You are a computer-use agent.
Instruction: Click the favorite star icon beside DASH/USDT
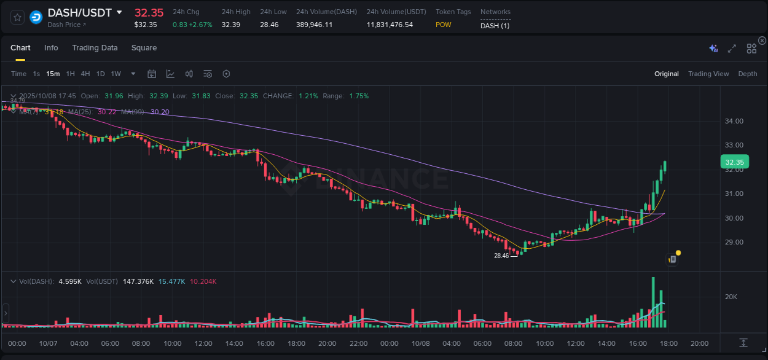(x=18, y=17)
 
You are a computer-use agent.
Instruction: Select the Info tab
(x=51, y=48)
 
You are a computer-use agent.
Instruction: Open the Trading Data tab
(x=95, y=48)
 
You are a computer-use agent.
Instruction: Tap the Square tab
(x=144, y=48)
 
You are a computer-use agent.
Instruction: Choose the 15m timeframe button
(x=53, y=74)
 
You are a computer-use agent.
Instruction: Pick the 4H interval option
(x=85, y=74)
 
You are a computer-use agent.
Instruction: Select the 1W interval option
(x=116, y=74)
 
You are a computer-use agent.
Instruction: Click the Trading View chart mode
(x=708, y=74)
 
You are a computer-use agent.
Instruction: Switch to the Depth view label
(x=748, y=74)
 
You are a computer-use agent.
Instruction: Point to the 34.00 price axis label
(x=735, y=121)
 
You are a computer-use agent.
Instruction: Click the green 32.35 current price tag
(x=735, y=162)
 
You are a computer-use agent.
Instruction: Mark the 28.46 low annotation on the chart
(x=501, y=256)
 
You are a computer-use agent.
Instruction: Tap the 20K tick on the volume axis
(x=731, y=297)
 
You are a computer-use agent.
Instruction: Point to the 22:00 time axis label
(x=358, y=343)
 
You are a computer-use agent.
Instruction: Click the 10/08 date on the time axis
(x=420, y=343)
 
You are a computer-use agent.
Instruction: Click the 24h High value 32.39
(x=230, y=25)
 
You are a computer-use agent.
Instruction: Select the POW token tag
(x=443, y=25)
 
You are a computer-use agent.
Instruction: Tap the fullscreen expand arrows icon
(x=732, y=48)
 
